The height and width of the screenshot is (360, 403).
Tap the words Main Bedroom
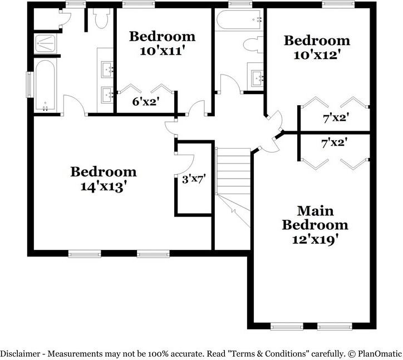click(x=315, y=218)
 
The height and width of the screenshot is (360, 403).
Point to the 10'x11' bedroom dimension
click(x=162, y=51)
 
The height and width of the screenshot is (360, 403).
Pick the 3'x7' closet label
click(x=194, y=179)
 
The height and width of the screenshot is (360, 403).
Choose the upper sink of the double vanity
click(x=107, y=70)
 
